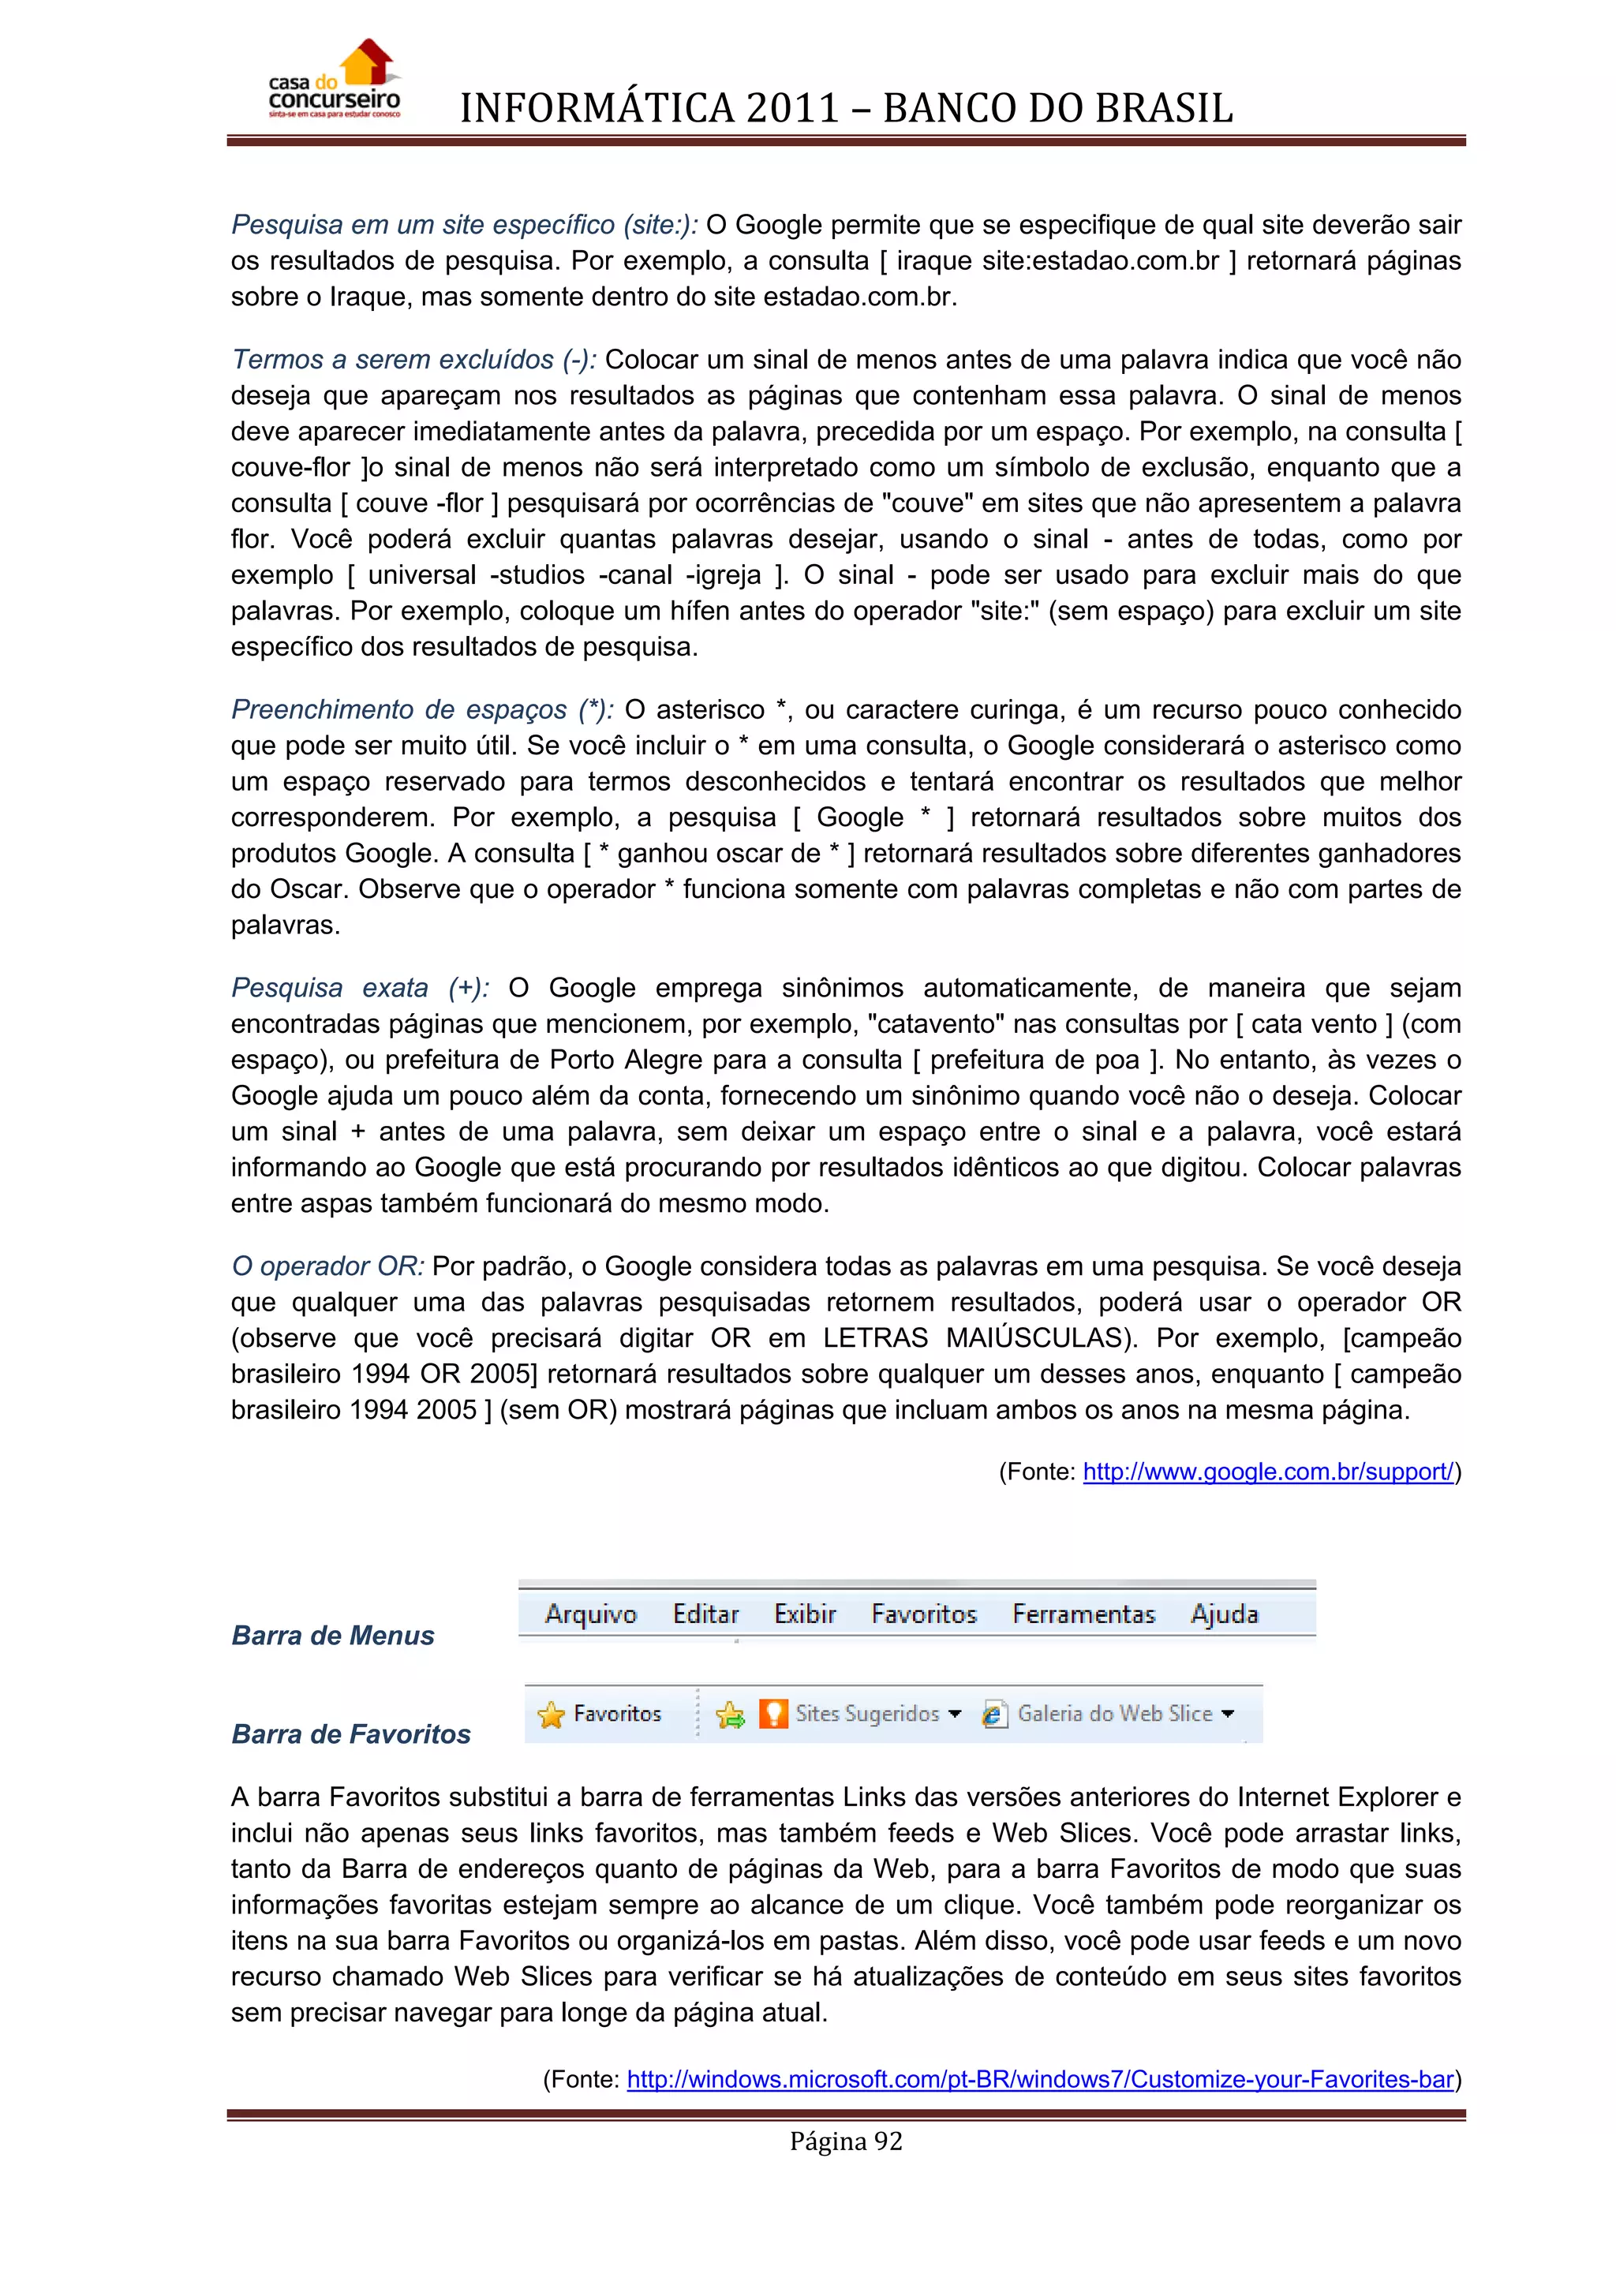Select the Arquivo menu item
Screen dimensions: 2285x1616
[x=590, y=1614]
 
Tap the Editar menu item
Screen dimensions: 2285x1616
[x=705, y=1614]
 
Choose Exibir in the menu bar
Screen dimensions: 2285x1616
[x=804, y=1614]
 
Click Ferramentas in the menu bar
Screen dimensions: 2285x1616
[x=1083, y=1614]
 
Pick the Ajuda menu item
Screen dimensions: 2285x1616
[x=1224, y=1614]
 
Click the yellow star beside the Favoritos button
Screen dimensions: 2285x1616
[x=550, y=1714]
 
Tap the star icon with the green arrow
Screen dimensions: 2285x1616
[x=729, y=1714]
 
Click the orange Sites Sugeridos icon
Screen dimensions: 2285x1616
[x=773, y=1713]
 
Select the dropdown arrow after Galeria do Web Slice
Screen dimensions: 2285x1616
[x=1227, y=1714]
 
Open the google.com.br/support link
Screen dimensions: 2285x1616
[x=1268, y=1472]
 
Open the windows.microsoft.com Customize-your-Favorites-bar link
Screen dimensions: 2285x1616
[x=1040, y=2079]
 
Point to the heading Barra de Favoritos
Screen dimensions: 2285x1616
[x=350, y=1733]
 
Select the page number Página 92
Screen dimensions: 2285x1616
[x=846, y=2141]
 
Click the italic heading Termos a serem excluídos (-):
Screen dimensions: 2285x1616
[x=413, y=359]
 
